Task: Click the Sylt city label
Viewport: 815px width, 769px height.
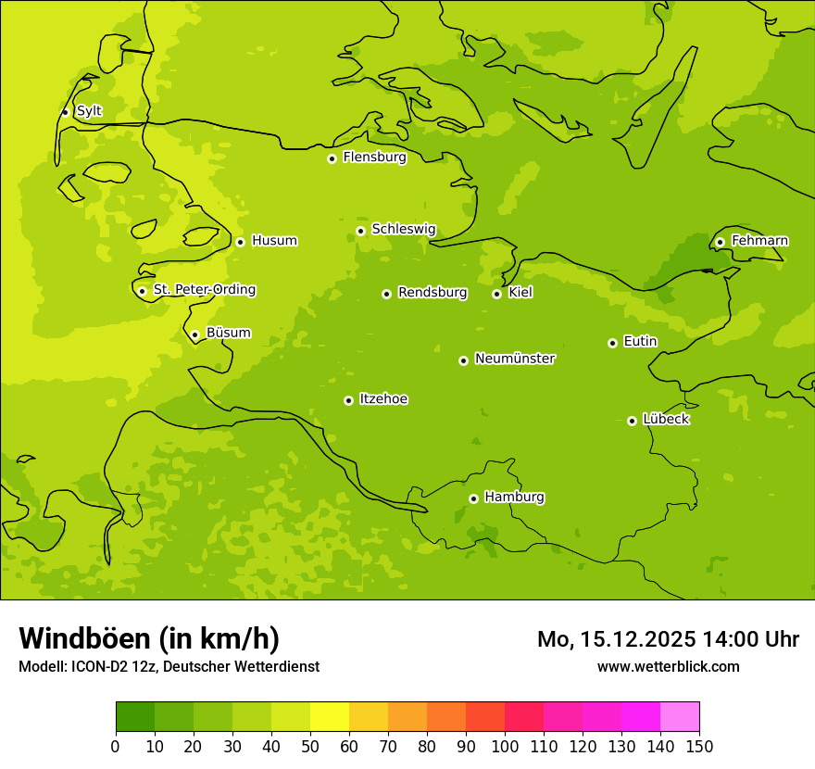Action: [x=89, y=111]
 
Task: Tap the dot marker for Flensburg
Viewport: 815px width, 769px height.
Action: [x=332, y=158]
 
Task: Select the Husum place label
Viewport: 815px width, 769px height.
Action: [x=274, y=241]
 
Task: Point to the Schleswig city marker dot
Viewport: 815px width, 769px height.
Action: [x=360, y=231]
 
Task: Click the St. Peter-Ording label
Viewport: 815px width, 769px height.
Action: [x=205, y=290]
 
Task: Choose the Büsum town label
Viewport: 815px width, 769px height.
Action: [x=228, y=334]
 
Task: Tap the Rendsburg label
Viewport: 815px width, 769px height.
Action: [x=433, y=293]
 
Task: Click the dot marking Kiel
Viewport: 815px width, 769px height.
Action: [x=496, y=294]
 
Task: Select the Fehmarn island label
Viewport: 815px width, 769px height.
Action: [x=759, y=241]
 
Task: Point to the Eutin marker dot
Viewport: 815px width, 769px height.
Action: [x=612, y=343]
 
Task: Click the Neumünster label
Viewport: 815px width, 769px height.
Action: [x=515, y=359]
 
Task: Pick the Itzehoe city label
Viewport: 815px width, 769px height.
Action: [x=383, y=399]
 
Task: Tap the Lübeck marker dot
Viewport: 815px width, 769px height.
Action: [x=632, y=421]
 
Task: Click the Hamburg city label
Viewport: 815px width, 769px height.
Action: [x=514, y=498]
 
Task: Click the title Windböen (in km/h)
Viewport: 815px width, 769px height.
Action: [x=149, y=638]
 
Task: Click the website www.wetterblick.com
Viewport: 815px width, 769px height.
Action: [x=668, y=667]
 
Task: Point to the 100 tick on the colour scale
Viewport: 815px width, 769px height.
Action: [x=505, y=746]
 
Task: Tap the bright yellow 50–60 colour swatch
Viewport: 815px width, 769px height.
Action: [x=330, y=717]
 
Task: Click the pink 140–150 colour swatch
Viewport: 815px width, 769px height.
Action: [x=680, y=717]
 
